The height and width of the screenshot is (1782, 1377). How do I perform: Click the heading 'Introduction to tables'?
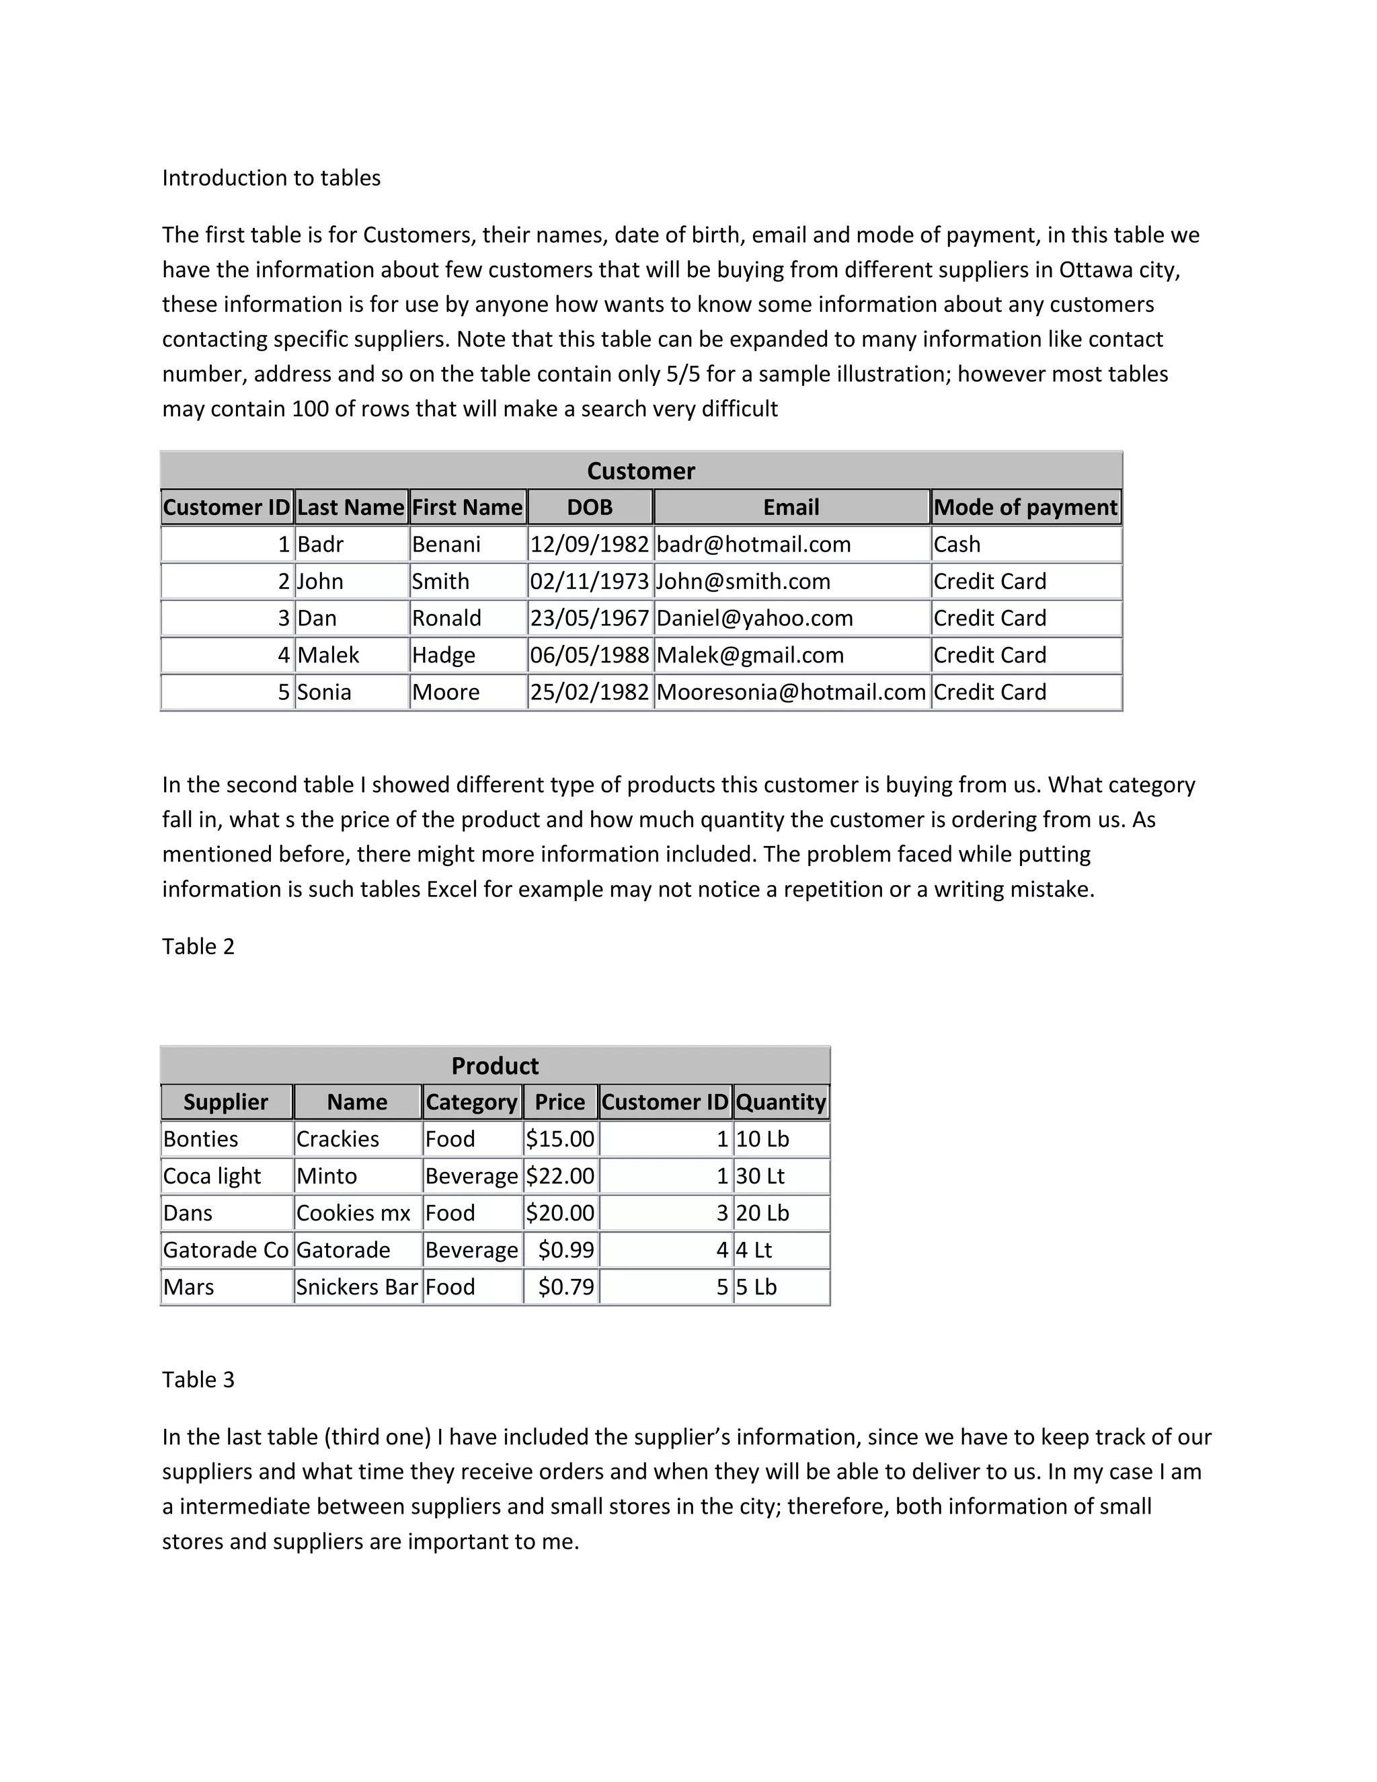pyautogui.click(x=271, y=178)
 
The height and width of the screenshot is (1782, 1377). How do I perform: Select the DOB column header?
pyautogui.click(x=589, y=508)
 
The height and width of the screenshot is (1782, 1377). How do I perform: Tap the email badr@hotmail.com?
pyautogui.click(x=753, y=544)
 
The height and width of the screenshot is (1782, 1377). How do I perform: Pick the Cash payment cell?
pyautogui.click(x=957, y=544)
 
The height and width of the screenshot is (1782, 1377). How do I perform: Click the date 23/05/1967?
pyautogui.click(x=589, y=619)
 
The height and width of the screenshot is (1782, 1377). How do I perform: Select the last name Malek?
pyautogui.click(x=328, y=655)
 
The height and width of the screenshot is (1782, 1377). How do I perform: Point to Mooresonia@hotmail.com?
pyautogui.click(x=791, y=692)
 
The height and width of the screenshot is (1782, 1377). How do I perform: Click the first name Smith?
pyautogui.click(x=440, y=582)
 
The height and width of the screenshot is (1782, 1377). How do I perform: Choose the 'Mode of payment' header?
pyautogui.click(x=1025, y=508)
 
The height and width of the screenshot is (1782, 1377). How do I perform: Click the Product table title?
pyautogui.click(x=494, y=1066)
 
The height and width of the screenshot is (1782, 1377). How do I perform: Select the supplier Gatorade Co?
pyautogui.click(x=226, y=1250)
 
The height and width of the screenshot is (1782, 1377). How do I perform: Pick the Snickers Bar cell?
pyautogui.click(x=356, y=1286)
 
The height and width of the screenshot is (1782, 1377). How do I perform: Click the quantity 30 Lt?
pyautogui.click(x=760, y=1175)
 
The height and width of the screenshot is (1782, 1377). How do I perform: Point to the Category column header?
pyautogui.click(x=471, y=1102)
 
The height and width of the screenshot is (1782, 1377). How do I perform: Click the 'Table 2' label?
pyautogui.click(x=198, y=947)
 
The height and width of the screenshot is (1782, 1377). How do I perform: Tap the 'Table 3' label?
pyautogui.click(x=198, y=1380)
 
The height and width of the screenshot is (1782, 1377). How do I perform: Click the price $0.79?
pyautogui.click(x=565, y=1286)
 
